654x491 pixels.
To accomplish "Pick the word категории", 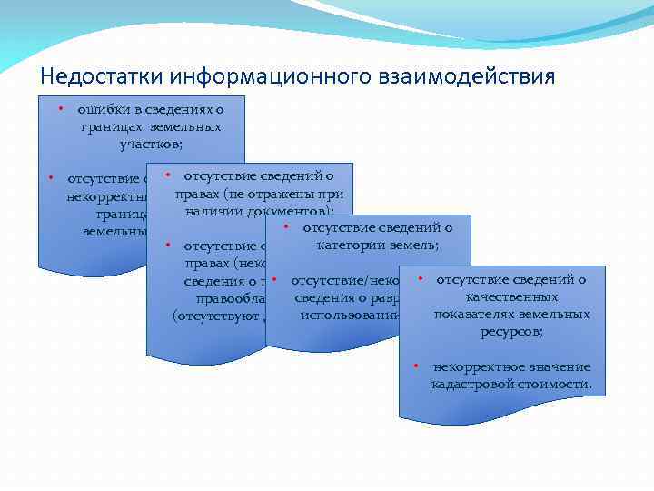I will point(347,245).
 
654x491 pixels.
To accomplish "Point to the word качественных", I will point(510,297).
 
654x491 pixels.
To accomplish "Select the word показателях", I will point(471,315).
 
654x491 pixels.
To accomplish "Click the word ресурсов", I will point(511,332).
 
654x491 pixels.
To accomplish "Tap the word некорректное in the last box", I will point(473,367).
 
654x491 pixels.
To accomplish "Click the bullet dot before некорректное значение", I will point(416,366).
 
